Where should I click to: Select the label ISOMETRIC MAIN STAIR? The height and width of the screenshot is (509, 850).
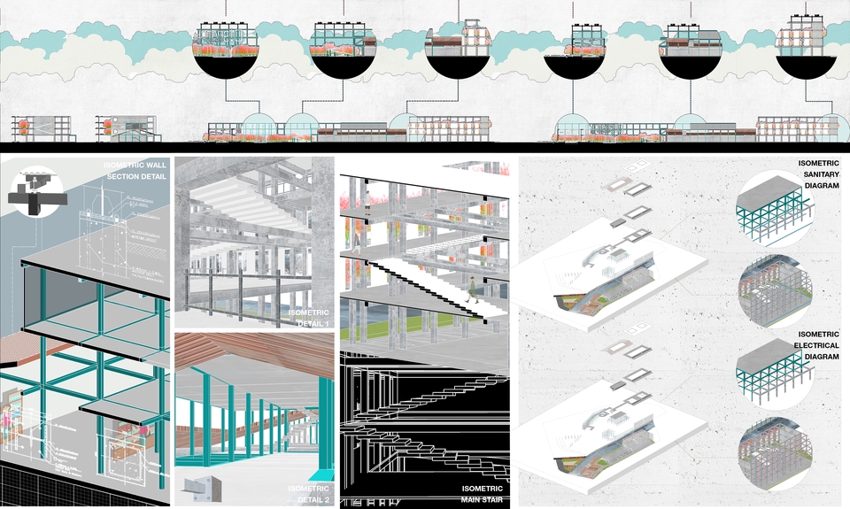(x=482, y=494)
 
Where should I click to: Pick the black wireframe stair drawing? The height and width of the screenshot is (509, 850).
(x=425, y=425)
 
